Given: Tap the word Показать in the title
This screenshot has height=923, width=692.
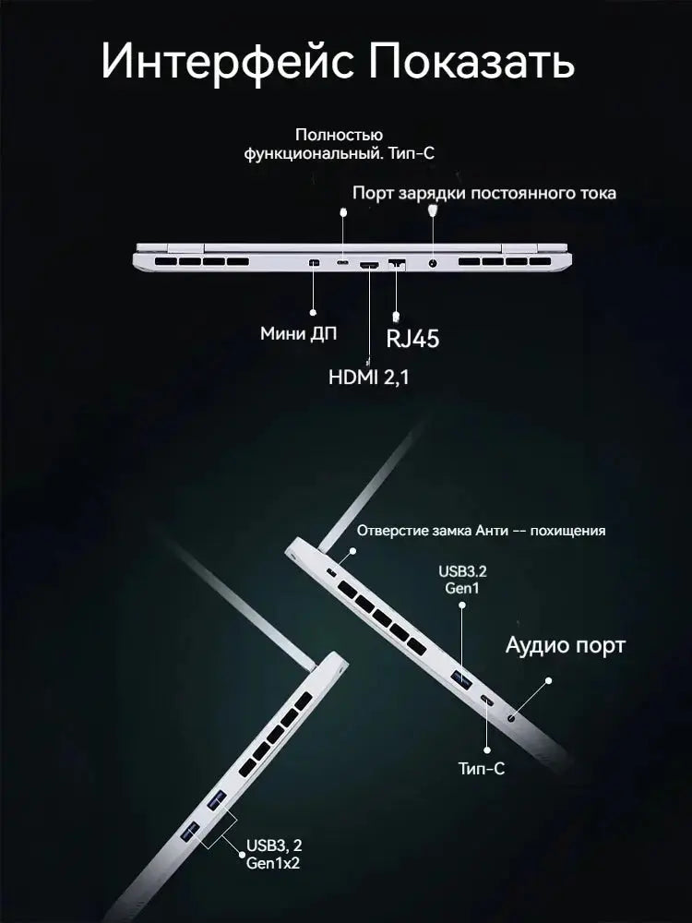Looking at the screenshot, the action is pyautogui.click(x=471, y=60).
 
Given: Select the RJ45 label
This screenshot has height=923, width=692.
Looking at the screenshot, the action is pyautogui.click(x=412, y=339).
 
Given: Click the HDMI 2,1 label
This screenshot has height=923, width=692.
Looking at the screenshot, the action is pyautogui.click(x=368, y=377).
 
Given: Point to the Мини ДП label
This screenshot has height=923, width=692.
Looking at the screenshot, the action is pyautogui.click(x=299, y=334).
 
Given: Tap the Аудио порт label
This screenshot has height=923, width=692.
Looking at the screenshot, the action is pyautogui.click(x=565, y=646).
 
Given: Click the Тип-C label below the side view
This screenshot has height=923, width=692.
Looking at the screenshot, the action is pyautogui.click(x=482, y=768).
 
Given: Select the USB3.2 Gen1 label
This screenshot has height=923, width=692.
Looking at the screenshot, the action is pyautogui.click(x=462, y=580).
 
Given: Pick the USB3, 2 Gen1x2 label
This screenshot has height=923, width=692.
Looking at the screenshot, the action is pyautogui.click(x=274, y=854).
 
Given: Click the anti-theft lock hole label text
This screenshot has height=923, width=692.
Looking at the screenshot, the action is pyautogui.click(x=481, y=531).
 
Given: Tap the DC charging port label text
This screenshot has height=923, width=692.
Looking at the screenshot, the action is pyautogui.click(x=484, y=193).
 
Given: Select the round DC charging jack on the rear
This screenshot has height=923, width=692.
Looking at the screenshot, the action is pyautogui.click(x=433, y=264).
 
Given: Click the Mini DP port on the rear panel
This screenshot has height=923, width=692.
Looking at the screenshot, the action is pyautogui.click(x=313, y=263).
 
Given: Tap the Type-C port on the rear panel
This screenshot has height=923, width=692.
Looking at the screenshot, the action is pyautogui.click(x=342, y=262).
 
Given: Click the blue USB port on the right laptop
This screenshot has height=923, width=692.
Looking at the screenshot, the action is pyautogui.click(x=461, y=678).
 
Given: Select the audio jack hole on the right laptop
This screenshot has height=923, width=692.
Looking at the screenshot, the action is pyautogui.click(x=511, y=718).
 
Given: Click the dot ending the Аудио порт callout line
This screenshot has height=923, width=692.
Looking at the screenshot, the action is pyautogui.click(x=548, y=680).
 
